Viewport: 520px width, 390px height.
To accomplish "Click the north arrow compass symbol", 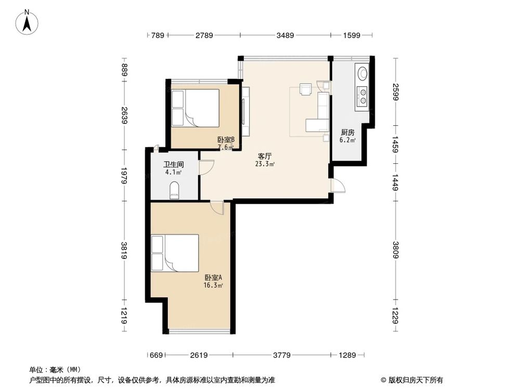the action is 27,22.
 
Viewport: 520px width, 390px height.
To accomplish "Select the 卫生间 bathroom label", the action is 174,164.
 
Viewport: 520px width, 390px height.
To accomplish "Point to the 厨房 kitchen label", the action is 347,133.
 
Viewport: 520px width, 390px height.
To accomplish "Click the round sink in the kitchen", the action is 362,72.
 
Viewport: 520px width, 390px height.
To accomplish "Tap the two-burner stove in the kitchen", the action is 362,95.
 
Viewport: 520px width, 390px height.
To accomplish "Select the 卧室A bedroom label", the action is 213,278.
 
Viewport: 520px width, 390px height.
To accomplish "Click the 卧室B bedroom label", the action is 226,139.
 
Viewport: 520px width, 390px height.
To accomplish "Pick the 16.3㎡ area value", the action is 213,285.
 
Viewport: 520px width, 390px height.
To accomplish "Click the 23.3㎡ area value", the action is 265,163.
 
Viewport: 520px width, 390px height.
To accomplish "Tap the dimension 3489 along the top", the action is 285,35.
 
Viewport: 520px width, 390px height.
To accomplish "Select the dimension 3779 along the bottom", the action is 282,355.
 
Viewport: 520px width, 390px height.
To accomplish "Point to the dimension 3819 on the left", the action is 124,251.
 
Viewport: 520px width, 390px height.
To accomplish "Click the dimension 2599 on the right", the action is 395,92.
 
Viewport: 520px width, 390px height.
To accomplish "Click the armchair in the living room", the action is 305,89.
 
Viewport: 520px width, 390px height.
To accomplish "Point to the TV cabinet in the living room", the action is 246,111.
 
